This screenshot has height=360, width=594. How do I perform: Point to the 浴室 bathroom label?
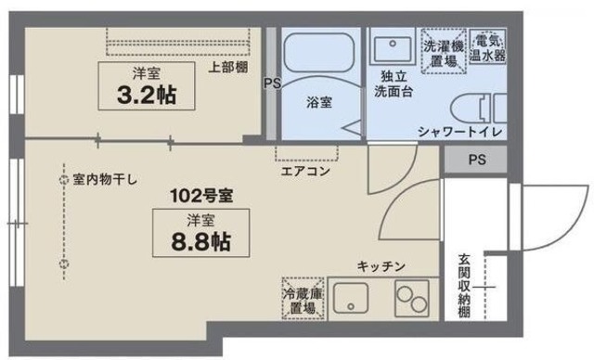320,103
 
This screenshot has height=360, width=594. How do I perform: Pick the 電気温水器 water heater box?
487,48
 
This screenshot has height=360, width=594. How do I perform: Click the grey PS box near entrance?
476,159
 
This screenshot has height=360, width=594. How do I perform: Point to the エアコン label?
305,172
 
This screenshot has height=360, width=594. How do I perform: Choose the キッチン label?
381,266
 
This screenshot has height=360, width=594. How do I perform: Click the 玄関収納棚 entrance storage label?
464,284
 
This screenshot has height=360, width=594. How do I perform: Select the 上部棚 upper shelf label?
226,67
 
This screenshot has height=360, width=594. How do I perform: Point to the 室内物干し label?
104,180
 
